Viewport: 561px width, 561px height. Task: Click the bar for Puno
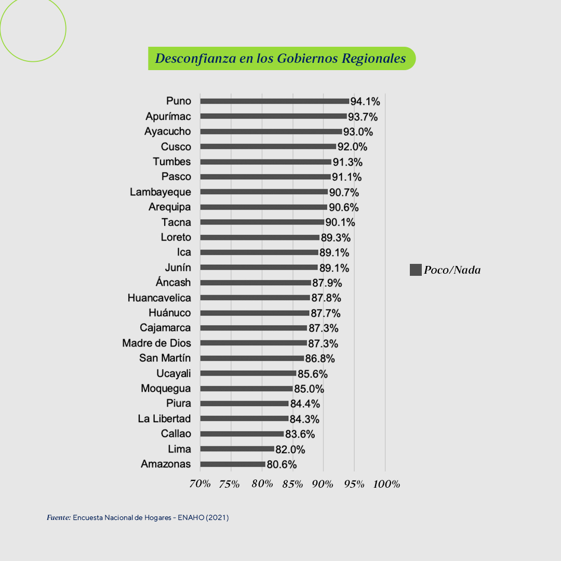pyautogui.click(x=274, y=101)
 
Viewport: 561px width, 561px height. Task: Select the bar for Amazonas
pyautogui.click(x=233, y=464)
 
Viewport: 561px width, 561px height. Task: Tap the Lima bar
pyautogui.click(x=237, y=449)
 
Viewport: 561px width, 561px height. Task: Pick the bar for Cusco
pyautogui.click(x=268, y=146)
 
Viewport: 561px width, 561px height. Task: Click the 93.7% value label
pyautogui.click(x=363, y=117)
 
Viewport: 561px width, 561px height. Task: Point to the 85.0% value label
pyautogui.click(x=309, y=389)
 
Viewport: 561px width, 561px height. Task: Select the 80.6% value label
pyautogui.click(x=282, y=465)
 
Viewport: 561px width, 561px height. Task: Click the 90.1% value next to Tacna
pyautogui.click(x=340, y=223)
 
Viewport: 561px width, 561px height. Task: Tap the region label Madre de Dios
pyautogui.click(x=156, y=343)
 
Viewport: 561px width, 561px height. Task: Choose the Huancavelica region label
pyautogui.click(x=159, y=298)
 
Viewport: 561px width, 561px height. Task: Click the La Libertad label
pyautogui.click(x=164, y=419)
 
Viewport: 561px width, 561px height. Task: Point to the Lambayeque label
pyautogui.click(x=160, y=192)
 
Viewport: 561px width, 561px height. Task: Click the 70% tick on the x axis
pyautogui.click(x=200, y=484)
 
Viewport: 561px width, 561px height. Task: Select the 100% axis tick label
pyautogui.click(x=386, y=484)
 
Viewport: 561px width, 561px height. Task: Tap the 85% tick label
pyautogui.click(x=292, y=484)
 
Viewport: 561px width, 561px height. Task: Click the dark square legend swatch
pyautogui.click(x=416, y=270)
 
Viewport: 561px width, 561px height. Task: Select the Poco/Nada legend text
pyautogui.click(x=452, y=270)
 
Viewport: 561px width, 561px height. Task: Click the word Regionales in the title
pyautogui.click(x=373, y=58)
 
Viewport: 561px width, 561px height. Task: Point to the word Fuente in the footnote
pyautogui.click(x=58, y=518)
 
